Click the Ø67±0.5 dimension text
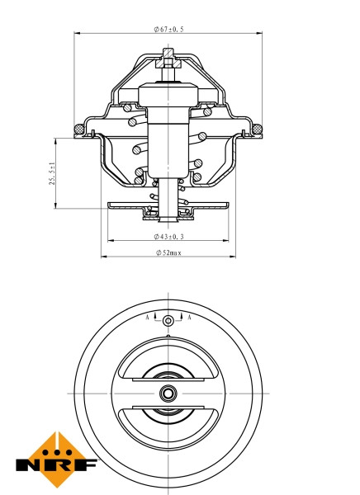(168, 29)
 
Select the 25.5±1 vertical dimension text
(51, 173)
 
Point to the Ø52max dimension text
(168, 252)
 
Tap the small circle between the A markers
(168, 320)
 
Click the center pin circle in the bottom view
(168, 393)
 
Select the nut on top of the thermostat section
(168, 61)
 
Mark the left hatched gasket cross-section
(79, 128)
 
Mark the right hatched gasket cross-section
(258, 128)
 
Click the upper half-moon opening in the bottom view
(168, 364)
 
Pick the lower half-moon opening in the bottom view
(168, 422)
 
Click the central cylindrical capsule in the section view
(168, 132)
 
